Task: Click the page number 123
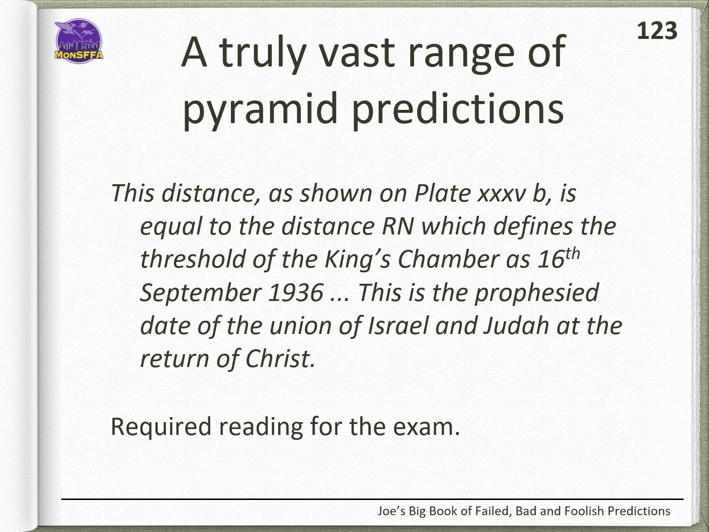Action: [657, 31]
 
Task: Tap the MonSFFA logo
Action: [79, 41]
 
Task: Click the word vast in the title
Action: [357, 52]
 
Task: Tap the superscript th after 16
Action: [573, 254]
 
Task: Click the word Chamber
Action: [448, 259]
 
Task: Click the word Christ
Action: [280, 359]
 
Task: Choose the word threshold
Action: [193, 259]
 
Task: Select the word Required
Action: [161, 427]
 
